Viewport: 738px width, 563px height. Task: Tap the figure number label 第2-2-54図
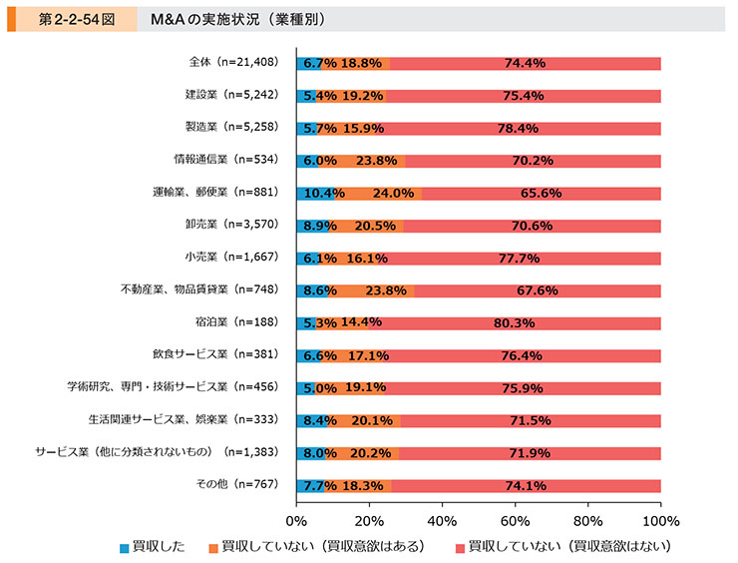76,19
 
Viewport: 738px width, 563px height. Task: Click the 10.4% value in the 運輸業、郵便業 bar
317,193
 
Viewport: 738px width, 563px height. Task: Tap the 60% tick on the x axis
515,521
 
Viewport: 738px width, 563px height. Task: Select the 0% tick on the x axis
296,521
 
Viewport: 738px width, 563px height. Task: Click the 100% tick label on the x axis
660,521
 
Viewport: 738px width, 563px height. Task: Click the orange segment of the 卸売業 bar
366,226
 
